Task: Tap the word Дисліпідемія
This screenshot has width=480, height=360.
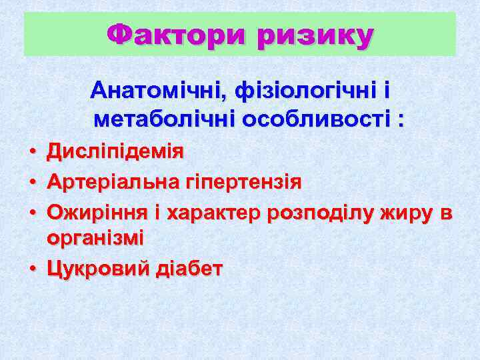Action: (x=115, y=151)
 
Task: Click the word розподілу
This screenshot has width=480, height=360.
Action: (x=320, y=213)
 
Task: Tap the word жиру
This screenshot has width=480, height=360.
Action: (x=405, y=213)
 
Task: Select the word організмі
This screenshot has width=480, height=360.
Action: (x=95, y=238)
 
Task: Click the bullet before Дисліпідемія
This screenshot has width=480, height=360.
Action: (x=32, y=153)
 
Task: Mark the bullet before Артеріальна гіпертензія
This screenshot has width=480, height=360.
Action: (x=32, y=183)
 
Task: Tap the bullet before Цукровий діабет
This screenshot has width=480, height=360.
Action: (x=32, y=270)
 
